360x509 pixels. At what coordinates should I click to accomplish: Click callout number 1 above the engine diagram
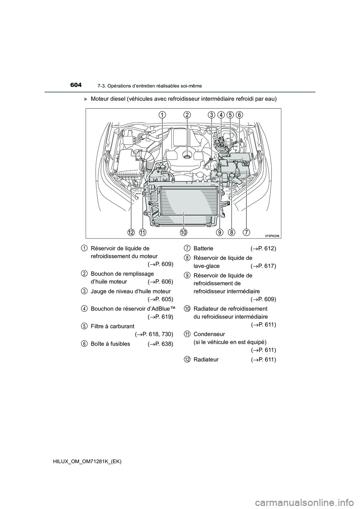click(x=162, y=115)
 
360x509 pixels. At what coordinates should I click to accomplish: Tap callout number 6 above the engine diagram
click(x=239, y=115)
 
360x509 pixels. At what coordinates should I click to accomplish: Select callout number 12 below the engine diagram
click(x=130, y=232)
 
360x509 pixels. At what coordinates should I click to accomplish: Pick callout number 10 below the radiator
click(x=184, y=232)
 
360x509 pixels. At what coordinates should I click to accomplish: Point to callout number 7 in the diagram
click(x=246, y=232)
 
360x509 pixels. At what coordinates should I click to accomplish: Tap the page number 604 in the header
click(x=76, y=85)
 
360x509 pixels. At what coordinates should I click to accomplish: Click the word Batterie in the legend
click(x=203, y=249)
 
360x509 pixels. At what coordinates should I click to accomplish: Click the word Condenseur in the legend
click(x=209, y=334)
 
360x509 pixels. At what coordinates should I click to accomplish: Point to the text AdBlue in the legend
click(x=161, y=309)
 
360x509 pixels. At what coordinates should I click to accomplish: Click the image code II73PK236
click(x=272, y=236)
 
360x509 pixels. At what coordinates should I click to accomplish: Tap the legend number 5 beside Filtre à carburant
click(x=84, y=326)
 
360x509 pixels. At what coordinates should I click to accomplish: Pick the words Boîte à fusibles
click(x=111, y=344)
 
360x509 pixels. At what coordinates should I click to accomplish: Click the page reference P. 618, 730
click(x=156, y=334)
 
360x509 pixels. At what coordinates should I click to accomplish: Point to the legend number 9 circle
click(x=187, y=275)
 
